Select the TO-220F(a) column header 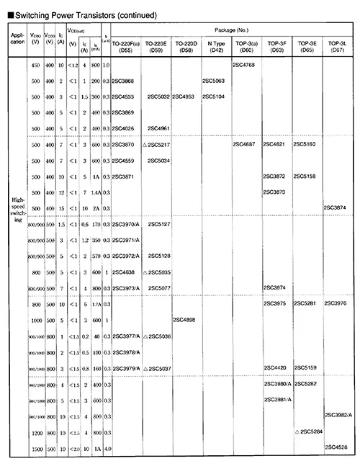127,47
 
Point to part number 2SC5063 215,81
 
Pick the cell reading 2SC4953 185,96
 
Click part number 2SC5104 215,96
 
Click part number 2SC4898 185,319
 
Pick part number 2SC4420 276,368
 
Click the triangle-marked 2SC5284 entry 309,431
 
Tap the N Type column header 215,47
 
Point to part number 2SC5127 158,225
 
